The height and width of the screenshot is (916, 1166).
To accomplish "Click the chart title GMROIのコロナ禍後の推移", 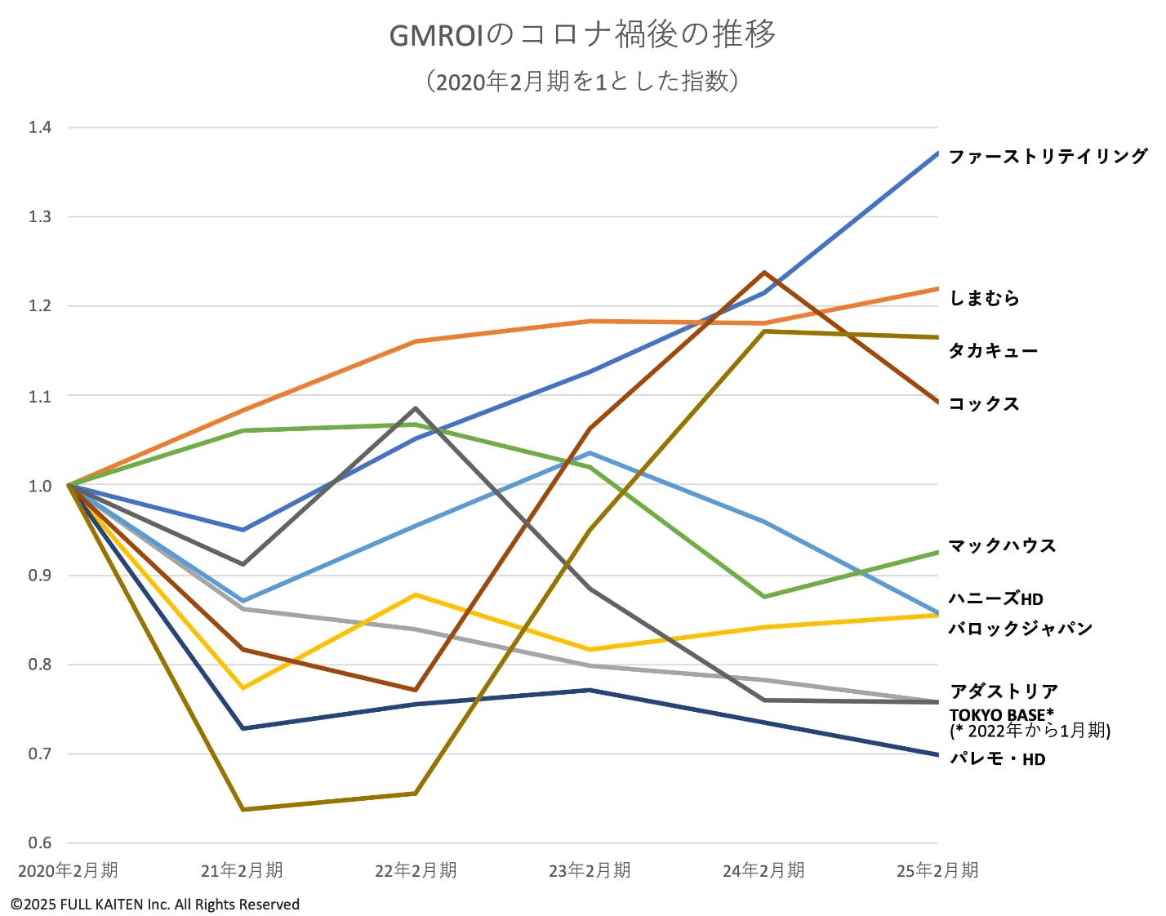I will (x=582, y=34).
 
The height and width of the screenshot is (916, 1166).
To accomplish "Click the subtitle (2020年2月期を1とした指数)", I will (x=582, y=81).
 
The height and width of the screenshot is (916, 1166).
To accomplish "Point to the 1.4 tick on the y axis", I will (x=39, y=127).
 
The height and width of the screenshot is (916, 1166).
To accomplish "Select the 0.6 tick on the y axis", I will (x=39, y=843).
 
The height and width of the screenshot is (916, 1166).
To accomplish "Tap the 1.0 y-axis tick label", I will (x=39, y=486).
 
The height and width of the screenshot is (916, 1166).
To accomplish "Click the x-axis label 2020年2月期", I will (x=68, y=870).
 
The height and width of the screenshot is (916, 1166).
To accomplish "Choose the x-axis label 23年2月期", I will (x=590, y=870).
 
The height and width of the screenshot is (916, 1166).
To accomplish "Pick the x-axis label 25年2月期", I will (x=937, y=870).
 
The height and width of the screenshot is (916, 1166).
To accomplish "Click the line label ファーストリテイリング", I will (x=1048, y=156).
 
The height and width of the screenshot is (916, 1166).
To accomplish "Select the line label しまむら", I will (x=984, y=298).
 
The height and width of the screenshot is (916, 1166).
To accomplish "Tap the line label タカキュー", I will (x=993, y=351).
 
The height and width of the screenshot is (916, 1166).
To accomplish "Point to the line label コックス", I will (x=984, y=403).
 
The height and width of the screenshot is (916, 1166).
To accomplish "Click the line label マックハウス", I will (x=1002, y=545).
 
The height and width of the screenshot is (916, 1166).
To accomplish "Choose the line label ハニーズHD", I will (x=995, y=598).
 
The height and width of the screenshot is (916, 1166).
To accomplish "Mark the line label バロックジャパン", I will (x=1020, y=628).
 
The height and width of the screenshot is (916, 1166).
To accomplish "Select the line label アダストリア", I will (x=1004, y=691).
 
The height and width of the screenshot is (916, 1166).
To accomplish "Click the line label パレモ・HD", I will (x=997, y=758).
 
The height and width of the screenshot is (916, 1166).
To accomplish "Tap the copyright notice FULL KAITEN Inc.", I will (x=155, y=905).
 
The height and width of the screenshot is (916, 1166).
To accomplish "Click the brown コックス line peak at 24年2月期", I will (x=764, y=273).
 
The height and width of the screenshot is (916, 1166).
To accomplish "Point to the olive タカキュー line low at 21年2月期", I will (x=243, y=809).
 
